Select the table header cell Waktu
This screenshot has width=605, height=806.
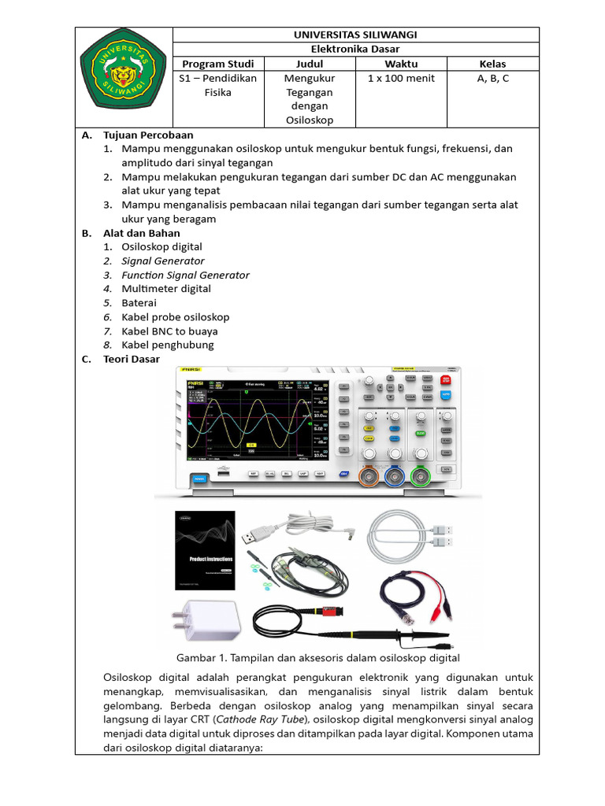click(401, 64)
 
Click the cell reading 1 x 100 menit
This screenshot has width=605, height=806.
click(401, 79)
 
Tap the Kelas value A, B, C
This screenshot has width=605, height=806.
click(493, 79)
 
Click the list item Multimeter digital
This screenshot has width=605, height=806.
click(166, 289)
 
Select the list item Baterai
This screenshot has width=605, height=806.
click(139, 303)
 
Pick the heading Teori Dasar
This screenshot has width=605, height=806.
click(132, 359)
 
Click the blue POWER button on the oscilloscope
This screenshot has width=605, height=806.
click(199, 477)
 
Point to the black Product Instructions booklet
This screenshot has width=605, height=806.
click(205, 550)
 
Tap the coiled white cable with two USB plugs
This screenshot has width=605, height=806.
click(412, 535)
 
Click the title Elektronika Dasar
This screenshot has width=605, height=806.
click(355, 49)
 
